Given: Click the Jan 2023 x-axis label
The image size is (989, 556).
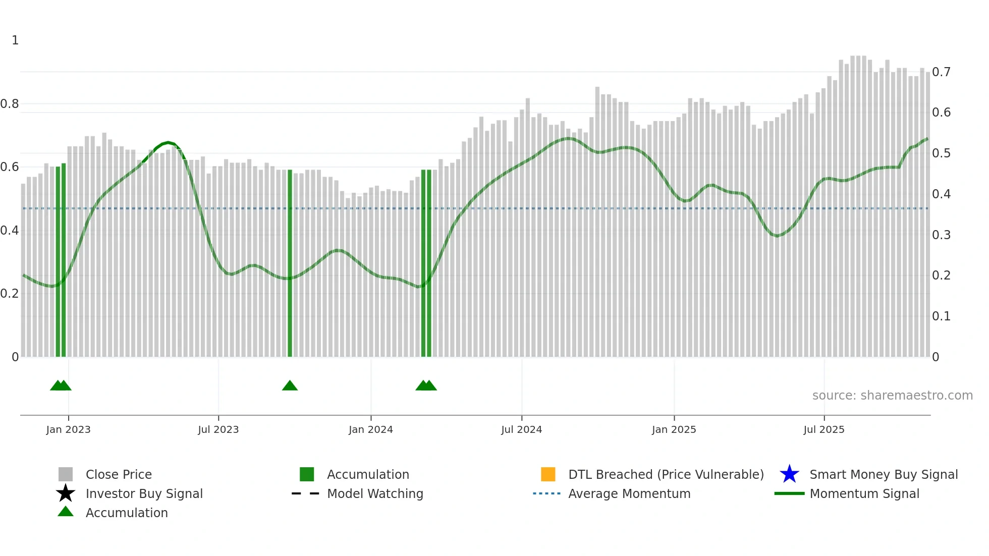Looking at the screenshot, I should [x=68, y=429].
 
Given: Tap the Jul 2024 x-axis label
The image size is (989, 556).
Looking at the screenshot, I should [x=521, y=429].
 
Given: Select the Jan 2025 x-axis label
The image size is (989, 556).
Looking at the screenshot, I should [x=674, y=429].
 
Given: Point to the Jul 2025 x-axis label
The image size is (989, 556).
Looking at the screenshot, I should [x=823, y=429].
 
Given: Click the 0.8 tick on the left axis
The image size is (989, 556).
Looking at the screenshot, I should [x=10, y=104].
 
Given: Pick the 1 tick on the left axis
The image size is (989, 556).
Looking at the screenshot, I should [x=15, y=40].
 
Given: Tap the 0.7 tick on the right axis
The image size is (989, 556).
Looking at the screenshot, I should [x=941, y=72].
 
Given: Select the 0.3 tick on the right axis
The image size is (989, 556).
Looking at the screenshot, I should [x=941, y=235].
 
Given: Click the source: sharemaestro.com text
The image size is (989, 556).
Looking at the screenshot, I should [x=892, y=396].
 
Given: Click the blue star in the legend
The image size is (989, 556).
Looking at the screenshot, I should [x=789, y=474].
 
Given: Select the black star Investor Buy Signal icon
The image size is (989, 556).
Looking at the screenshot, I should [x=66, y=493].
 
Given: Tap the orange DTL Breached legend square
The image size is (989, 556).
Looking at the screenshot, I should [x=548, y=474].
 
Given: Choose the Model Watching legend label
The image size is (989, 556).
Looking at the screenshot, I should [x=375, y=493].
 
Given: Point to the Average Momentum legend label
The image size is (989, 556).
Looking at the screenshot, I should [x=629, y=493].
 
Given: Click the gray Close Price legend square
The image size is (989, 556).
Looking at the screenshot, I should [x=66, y=474].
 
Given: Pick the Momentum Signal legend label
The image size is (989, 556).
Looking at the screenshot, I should [x=864, y=493].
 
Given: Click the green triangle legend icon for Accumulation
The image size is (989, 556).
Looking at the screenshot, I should [x=66, y=512].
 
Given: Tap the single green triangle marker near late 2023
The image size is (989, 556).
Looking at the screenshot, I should [x=290, y=386].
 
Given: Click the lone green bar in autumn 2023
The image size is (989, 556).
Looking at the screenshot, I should [x=290, y=262].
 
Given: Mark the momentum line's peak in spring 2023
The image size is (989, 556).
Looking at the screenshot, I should [x=168, y=143].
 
